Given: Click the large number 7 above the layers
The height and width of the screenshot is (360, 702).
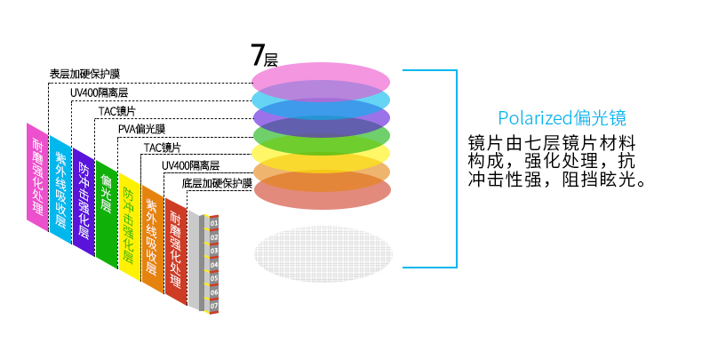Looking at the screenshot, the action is (258, 56).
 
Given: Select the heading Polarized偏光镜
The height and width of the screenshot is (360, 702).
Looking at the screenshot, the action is (562, 118).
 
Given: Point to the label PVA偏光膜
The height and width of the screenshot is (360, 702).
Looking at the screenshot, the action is (142, 129).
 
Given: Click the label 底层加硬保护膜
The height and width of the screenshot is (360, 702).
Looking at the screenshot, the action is (217, 183).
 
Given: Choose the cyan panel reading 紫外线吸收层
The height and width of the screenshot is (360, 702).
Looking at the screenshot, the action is (60, 188).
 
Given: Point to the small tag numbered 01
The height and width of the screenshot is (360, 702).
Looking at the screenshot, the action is (214, 223).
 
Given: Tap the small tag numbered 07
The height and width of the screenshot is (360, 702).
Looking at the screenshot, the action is (214, 306).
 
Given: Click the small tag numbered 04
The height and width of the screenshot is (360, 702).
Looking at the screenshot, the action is (214, 265).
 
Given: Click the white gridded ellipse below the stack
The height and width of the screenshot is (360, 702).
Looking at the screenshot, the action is (322, 252).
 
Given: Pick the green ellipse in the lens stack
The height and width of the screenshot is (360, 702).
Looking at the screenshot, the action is (321, 137).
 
